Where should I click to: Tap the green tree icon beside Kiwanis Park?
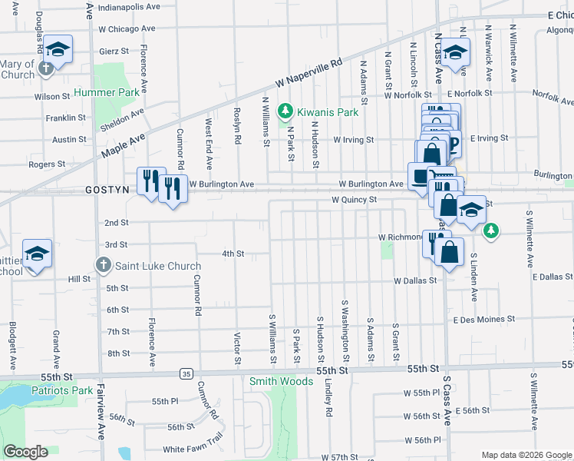[x=285, y=112]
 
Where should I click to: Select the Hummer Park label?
[x=107, y=92]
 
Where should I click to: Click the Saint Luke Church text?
[x=158, y=267]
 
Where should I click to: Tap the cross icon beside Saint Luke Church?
[x=104, y=266]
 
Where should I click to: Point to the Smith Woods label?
[x=270, y=380]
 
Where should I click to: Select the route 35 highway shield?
[x=186, y=373]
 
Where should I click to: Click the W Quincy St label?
[x=355, y=200]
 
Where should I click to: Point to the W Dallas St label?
[x=415, y=281]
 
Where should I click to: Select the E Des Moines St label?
[x=483, y=319]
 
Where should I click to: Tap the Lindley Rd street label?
[x=328, y=399]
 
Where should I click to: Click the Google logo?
[x=26, y=452]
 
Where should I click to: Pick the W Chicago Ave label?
[x=127, y=28]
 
